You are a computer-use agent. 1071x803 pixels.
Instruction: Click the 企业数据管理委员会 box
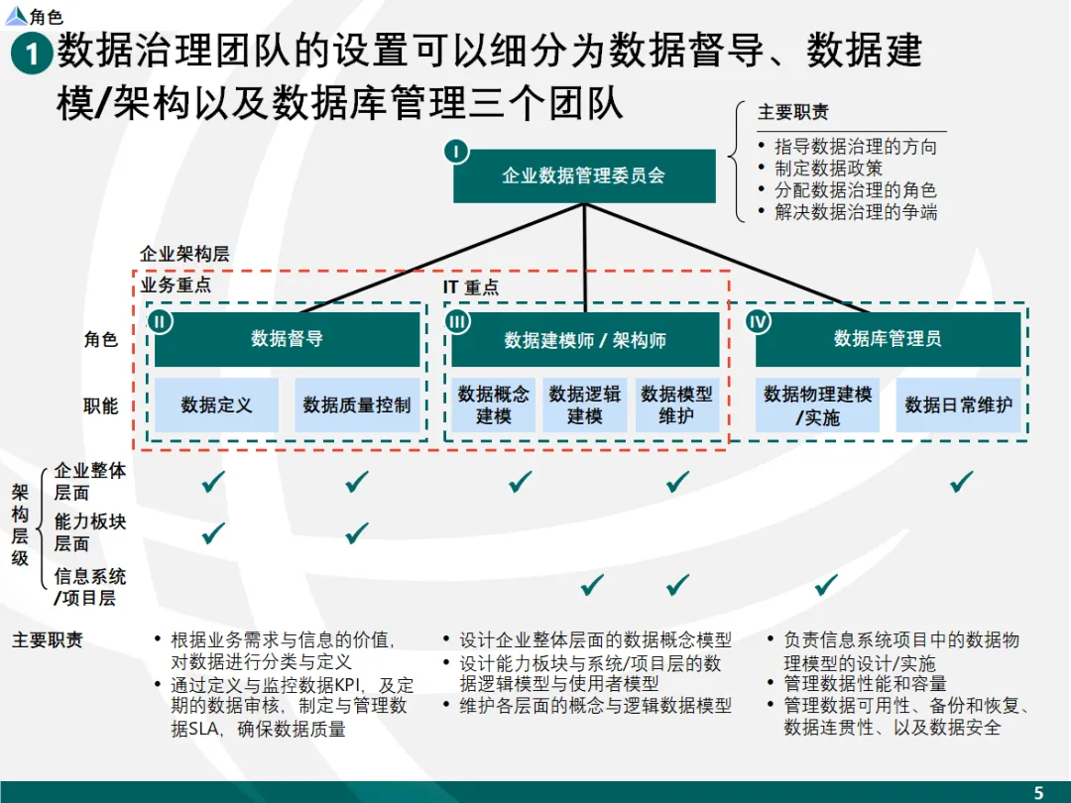pyautogui.click(x=584, y=176)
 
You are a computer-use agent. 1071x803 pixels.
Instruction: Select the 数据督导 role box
pyautogui.click(x=287, y=339)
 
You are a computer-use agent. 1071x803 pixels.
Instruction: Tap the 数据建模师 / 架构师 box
pyautogui.click(x=585, y=340)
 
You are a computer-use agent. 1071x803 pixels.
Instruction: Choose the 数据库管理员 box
pyautogui.click(x=888, y=339)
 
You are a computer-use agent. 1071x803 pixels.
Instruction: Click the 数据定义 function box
pyautogui.click(x=216, y=404)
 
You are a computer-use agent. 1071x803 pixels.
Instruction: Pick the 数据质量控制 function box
pyautogui.click(x=357, y=404)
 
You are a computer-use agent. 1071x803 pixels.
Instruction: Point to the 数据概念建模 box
pyautogui.click(x=494, y=404)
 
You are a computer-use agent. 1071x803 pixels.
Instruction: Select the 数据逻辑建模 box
pyautogui.click(x=585, y=404)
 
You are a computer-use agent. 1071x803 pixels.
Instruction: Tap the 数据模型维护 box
pyautogui.click(x=676, y=404)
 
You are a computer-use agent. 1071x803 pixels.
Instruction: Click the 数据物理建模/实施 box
pyautogui.click(x=817, y=404)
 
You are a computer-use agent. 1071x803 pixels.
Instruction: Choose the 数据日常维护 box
pyautogui.click(x=958, y=404)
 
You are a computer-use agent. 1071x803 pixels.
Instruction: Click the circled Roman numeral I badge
pyautogui.click(x=455, y=151)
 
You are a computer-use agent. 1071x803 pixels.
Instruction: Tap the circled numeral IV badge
pyautogui.click(x=758, y=321)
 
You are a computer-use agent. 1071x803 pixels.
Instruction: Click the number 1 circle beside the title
pyautogui.click(x=32, y=55)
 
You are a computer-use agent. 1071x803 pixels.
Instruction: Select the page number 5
pyautogui.click(x=1038, y=792)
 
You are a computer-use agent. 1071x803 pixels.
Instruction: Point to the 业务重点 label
pyautogui.click(x=176, y=286)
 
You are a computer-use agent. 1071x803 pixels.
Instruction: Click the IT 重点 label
pyautogui.click(x=470, y=287)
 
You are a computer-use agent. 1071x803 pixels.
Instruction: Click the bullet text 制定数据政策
pyautogui.click(x=828, y=169)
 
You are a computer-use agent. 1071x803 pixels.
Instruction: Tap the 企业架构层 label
pyautogui.click(x=184, y=254)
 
